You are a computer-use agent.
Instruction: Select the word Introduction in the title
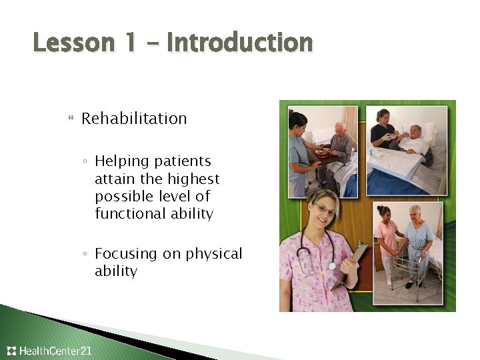click(x=239, y=43)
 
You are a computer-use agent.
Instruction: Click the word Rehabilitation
click(x=134, y=119)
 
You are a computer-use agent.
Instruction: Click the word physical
click(x=215, y=254)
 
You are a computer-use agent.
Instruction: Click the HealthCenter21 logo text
click(x=55, y=351)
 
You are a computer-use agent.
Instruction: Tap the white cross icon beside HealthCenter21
click(x=11, y=351)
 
